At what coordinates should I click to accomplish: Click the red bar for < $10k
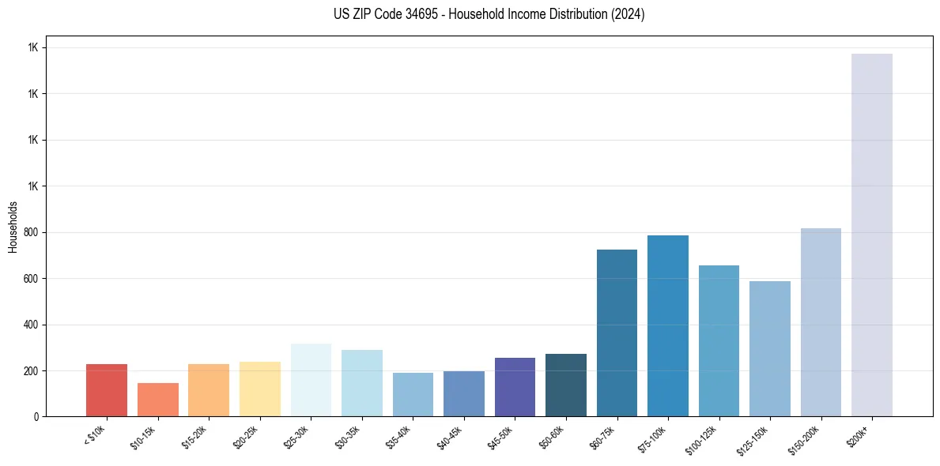click(107, 390)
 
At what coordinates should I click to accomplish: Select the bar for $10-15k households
click(158, 400)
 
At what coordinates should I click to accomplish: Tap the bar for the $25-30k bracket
click(311, 380)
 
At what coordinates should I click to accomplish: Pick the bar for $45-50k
click(515, 387)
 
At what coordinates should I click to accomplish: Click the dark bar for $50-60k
click(566, 385)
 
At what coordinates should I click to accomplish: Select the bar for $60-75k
click(617, 333)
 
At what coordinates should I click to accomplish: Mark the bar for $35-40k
click(413, 394)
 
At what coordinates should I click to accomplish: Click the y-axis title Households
click(13, 226)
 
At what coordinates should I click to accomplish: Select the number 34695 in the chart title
click(412, 14)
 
